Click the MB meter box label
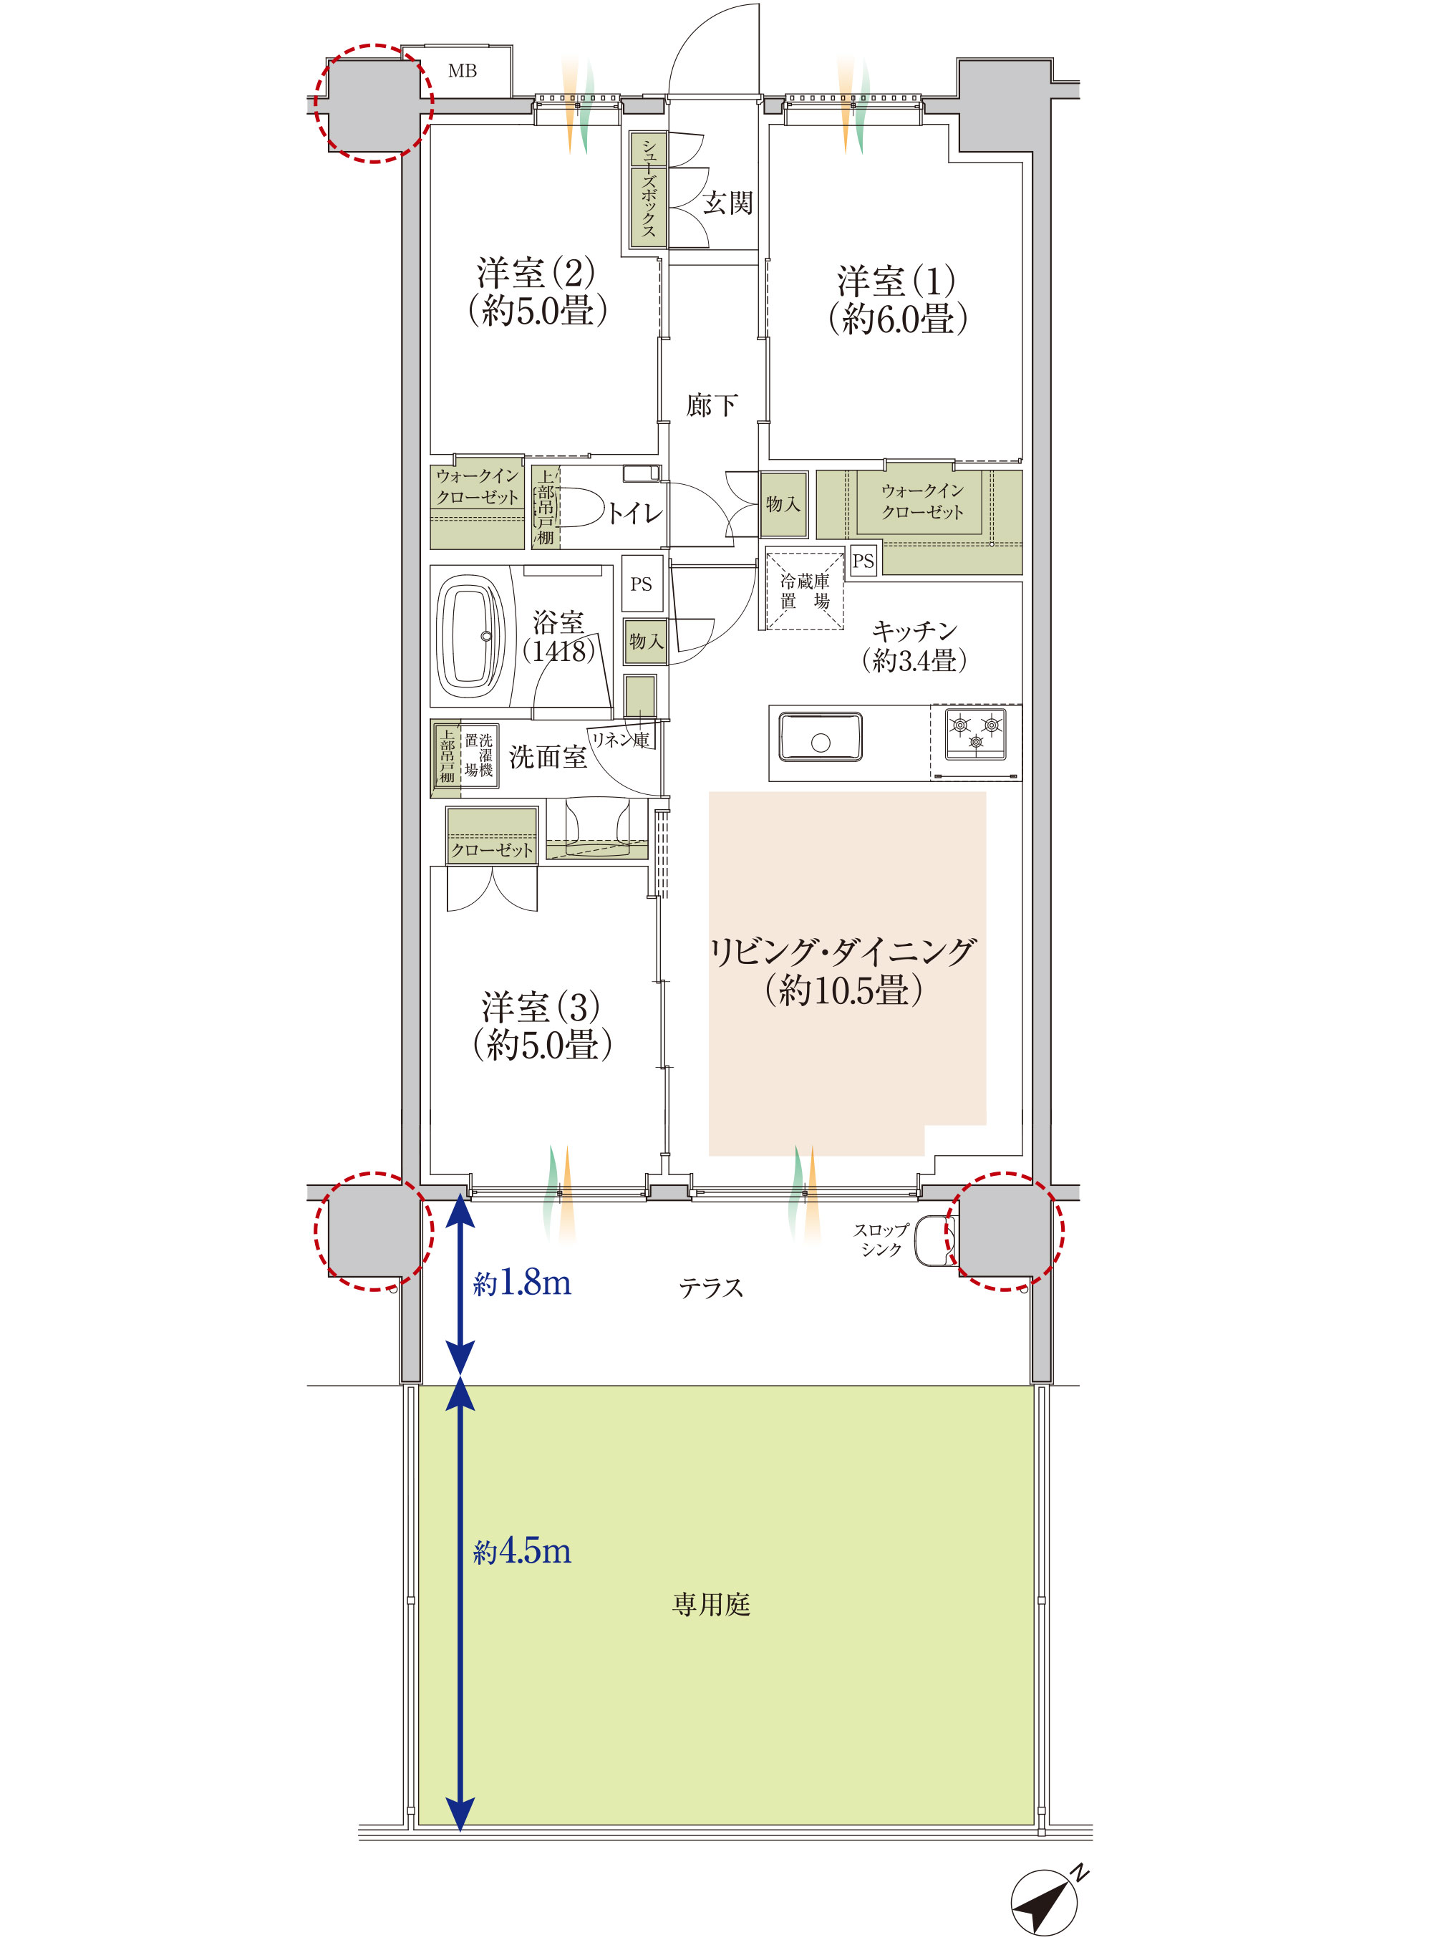(462, 71)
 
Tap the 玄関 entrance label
(727, 203)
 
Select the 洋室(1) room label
(896, 281)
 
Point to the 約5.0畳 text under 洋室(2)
(538, 310)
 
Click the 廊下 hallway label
(712, 405)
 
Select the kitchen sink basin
(820, 737)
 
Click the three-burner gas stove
(976, 733)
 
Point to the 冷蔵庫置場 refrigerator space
(804, 591)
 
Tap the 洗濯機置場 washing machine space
(478, 755)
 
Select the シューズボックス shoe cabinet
(649, 190)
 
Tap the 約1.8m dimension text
(522, 1283)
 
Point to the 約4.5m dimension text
(522, 1552)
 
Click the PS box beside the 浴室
(642, 584)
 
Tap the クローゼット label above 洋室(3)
(491, 850)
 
